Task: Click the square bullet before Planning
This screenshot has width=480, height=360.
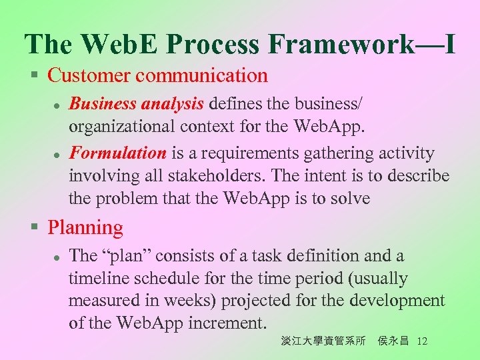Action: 35,228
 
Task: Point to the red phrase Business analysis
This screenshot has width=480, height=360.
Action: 137,104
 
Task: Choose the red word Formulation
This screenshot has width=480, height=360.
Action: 118,153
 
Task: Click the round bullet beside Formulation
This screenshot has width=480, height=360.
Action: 58,154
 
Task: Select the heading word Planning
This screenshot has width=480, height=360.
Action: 85,228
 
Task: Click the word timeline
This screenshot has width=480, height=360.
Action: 98,278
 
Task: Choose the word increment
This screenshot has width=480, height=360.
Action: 228,323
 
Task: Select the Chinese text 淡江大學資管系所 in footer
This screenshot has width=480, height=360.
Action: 323,341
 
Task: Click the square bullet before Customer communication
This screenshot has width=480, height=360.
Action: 35,75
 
